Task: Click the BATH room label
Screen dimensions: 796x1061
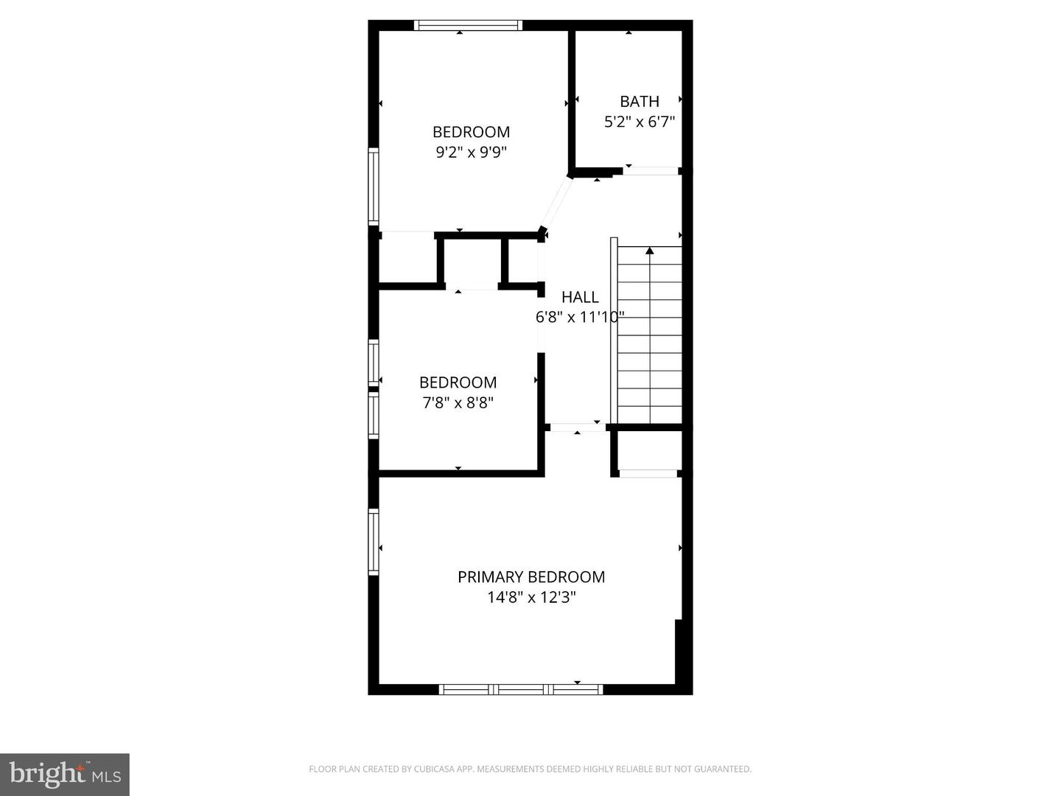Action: point(639,102)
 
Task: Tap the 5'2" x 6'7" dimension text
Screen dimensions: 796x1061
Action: point(639,122)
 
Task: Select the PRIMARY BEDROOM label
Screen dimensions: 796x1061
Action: point(530,577)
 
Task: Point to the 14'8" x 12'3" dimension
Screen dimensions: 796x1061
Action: point(530,597)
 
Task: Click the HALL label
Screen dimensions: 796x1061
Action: point(580,297)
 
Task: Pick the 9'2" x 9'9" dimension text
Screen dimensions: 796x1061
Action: point(471,153)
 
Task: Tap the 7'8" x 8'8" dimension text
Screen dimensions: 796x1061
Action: point(458,402)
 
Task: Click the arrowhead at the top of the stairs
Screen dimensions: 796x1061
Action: point(649,251)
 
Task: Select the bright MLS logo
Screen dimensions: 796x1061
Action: point(65,774)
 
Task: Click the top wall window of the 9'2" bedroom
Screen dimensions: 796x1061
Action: point(468,25)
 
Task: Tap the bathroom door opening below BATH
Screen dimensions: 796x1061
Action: point(651,171)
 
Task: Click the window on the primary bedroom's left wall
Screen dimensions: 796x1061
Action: point(374,542)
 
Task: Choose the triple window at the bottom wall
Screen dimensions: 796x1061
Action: point(520,690)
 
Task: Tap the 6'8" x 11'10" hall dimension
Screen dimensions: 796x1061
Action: point(580,318)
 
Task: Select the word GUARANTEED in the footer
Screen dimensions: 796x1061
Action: point(726,769)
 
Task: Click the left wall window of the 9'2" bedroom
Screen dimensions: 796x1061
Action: point(374,186)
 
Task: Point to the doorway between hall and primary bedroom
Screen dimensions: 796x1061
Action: point(578,427)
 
